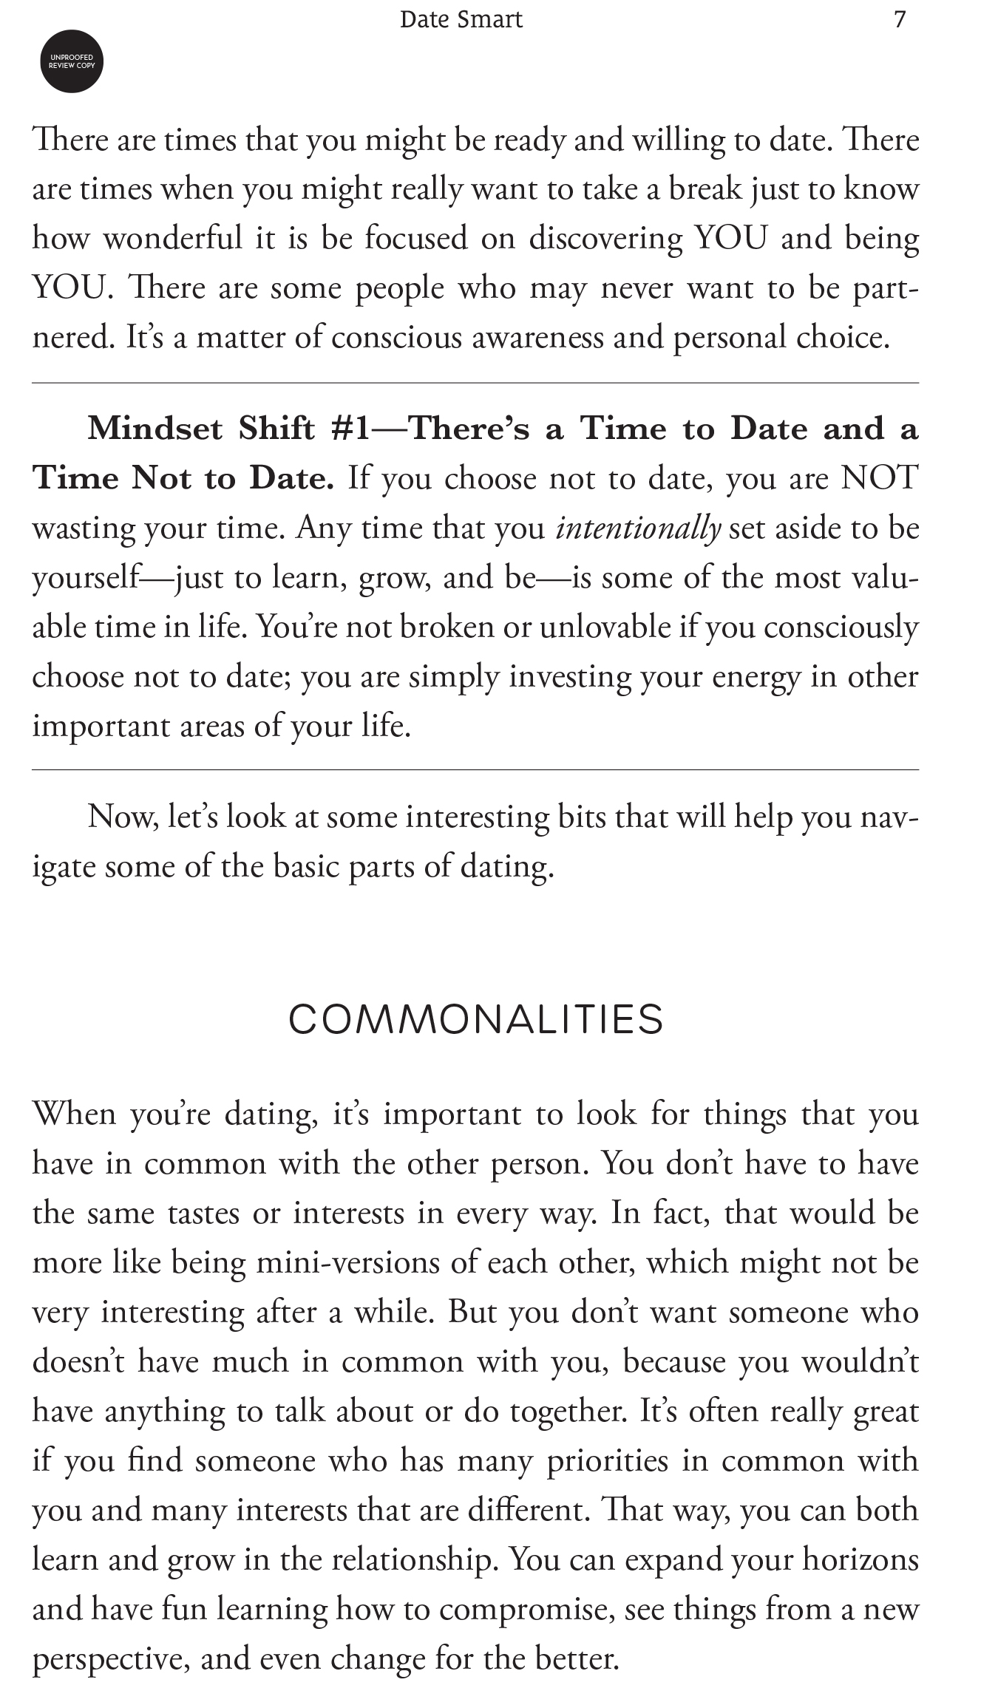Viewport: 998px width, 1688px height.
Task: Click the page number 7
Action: coord(899,19)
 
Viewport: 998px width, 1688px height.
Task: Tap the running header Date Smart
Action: coord(461,19)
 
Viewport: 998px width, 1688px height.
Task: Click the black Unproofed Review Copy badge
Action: coord(71,61)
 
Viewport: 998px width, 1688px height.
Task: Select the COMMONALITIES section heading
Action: coord(476,1020)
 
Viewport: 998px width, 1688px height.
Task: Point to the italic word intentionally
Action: coord(637,528)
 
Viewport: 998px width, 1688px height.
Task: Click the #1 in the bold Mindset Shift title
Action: coord(350,429)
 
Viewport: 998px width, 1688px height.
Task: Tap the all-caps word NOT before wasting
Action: coord(879,478)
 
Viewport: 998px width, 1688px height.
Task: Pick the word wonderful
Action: coord(172,239)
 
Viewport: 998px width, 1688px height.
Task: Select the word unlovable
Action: coord(605,627)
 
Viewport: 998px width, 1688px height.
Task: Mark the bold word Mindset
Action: coord(155,429)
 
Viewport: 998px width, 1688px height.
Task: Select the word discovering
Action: coord(605,239)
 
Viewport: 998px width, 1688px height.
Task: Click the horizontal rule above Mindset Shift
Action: coord(475,383)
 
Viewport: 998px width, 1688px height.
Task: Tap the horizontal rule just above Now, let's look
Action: coord(475,769)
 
